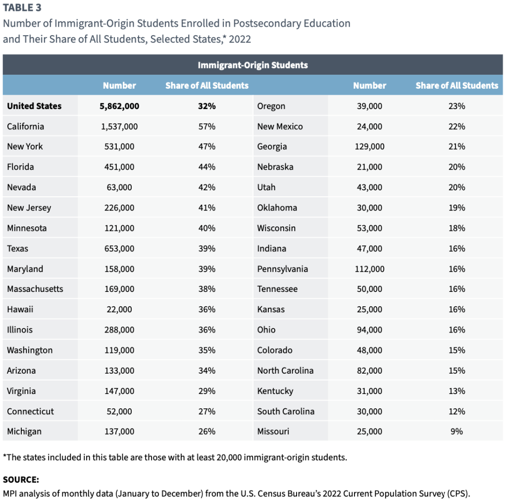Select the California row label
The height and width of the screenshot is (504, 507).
25,126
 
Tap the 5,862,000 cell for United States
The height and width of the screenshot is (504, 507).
119,106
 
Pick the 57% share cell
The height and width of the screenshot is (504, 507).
207,126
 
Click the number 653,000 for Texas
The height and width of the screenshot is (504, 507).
119,248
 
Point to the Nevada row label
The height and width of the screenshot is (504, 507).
21,187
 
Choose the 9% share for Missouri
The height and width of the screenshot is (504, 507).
456,431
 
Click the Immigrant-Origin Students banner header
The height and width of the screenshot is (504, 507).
253,65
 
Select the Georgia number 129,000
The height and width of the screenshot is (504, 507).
369,147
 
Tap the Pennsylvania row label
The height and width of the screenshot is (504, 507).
282,269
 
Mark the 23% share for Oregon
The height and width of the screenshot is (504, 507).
456,106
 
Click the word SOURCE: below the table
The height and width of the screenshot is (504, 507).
21,479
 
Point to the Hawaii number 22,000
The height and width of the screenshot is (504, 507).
119,309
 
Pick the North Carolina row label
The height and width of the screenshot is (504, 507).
285,370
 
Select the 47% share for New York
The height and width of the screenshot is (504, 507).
207,147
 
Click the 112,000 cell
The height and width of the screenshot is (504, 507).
369,269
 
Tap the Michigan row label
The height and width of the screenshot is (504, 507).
24,431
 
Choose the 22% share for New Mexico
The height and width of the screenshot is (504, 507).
456,126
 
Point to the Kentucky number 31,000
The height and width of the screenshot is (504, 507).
369,391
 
